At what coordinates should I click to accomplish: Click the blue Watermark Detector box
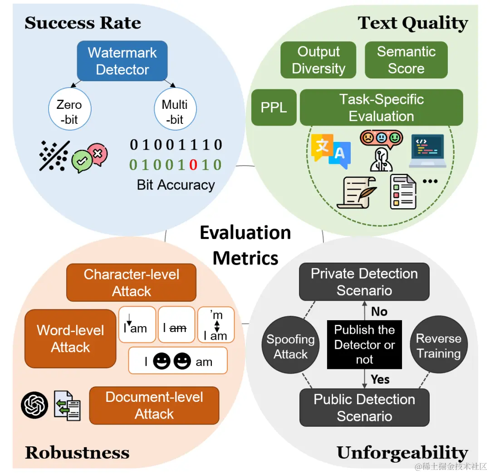pos(122,61)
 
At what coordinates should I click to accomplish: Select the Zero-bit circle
pos(69,111)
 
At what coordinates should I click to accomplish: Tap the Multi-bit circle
pos(175,111)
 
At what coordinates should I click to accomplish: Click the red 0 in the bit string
pos(193,164)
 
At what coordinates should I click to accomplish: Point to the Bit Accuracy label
pos(176,185)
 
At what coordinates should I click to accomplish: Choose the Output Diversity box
pos(318,60)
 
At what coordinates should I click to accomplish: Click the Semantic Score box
pos(406,60)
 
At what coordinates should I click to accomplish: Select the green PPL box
pos(274,108)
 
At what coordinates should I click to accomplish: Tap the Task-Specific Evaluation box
pos(381,108)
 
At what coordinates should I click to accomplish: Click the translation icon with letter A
pos(331,150)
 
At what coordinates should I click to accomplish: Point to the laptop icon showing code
pos(428,151)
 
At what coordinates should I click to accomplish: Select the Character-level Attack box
pos(132,283)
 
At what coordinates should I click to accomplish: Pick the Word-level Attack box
pos(70,338)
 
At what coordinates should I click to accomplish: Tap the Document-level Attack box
pos(154,405)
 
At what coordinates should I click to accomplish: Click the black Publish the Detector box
pos(364,345)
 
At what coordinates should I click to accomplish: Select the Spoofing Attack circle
pos(290,347)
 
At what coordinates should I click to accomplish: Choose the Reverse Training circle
pos(438,346)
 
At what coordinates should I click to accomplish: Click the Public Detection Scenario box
pos(364,407)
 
